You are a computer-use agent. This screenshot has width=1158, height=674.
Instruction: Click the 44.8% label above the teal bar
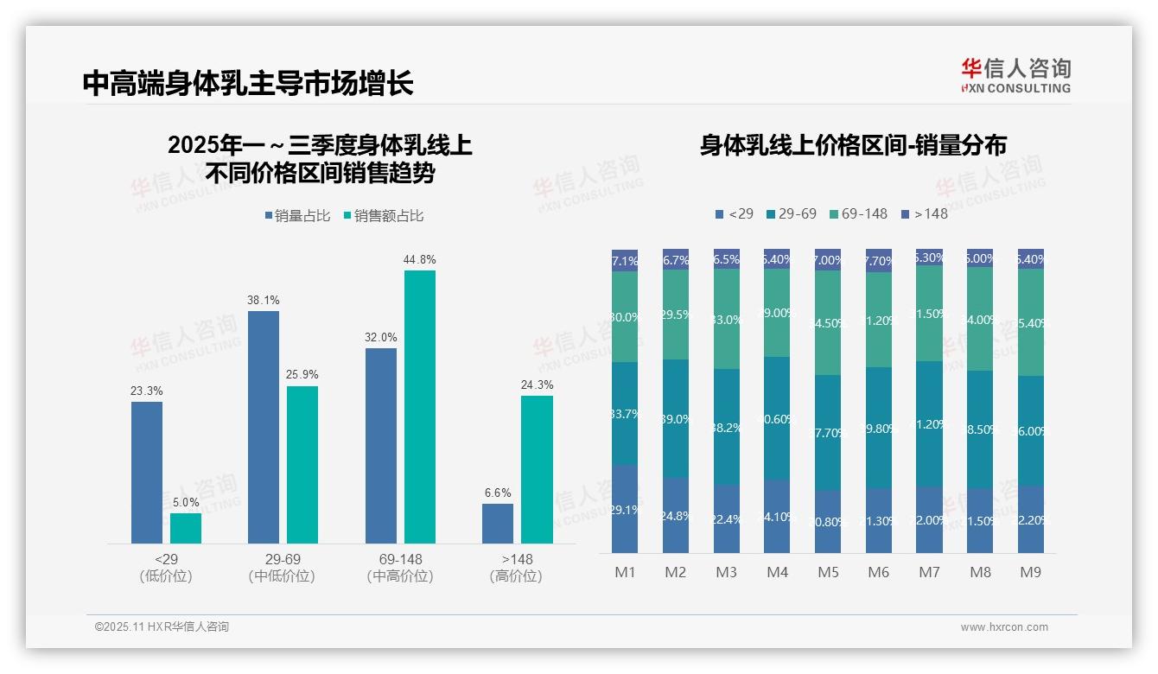tap(419, 259)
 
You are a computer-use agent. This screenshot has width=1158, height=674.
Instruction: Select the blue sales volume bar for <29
tap(147, 473)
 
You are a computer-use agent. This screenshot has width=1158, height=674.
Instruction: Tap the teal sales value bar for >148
tap(537, 469)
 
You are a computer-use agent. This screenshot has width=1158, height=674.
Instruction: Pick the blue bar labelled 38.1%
tap(264, 427)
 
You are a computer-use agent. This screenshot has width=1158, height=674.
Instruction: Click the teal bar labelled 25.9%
tap(302, 464)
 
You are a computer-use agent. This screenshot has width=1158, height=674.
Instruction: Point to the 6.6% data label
tap(498, 493)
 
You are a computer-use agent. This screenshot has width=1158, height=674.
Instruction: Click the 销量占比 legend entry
tap(297, 216)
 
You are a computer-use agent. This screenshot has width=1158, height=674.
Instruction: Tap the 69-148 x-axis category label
tap(400, 559)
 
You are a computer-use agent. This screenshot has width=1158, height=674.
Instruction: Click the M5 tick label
tap(828, 572)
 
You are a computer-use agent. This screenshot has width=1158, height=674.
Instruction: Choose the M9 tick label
tap(1030, 572)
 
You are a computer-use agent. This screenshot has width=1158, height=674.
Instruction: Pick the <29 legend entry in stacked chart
tap(734, 213)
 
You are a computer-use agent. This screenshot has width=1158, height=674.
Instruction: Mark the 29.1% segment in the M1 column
tap(625, 509)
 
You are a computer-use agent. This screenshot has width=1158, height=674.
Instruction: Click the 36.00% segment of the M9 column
tap(1030, 431)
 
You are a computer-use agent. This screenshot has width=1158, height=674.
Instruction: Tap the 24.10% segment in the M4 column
tap(777, 517)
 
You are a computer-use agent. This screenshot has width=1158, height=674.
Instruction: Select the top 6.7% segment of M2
tap(676, 259)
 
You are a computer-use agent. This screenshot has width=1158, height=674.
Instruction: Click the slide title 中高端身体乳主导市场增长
tap(248, 83)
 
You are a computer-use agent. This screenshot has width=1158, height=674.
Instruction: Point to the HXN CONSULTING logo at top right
tap(1015, 76)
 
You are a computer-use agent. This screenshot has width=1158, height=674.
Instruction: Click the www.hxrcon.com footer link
tap(1003, 627)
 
